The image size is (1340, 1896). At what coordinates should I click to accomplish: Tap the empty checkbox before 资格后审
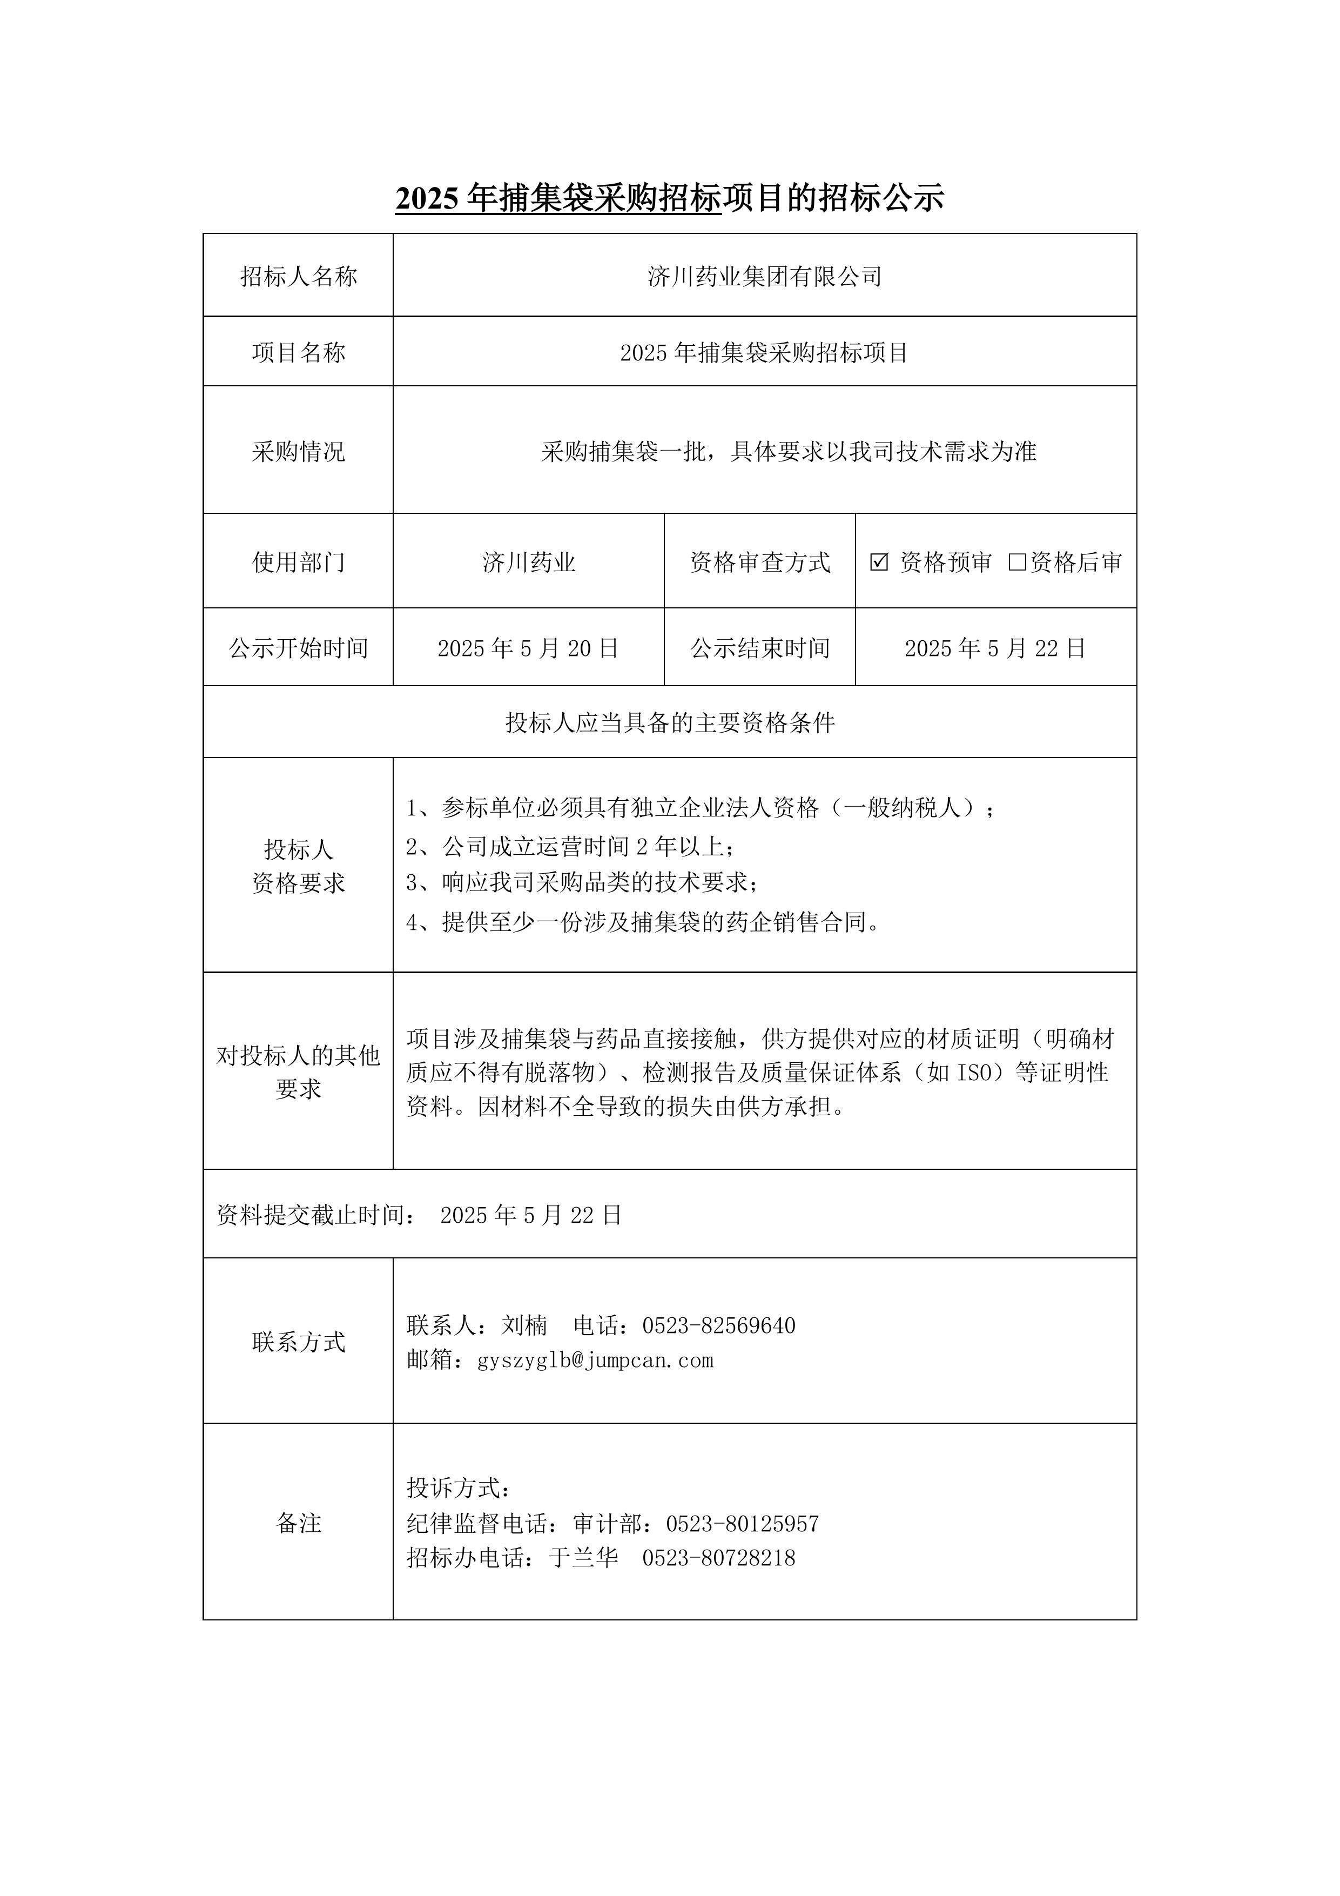click(1017, 562)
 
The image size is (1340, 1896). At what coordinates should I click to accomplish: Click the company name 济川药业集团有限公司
click(765, 277)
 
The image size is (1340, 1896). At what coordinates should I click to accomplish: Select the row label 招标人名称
click(298, 277)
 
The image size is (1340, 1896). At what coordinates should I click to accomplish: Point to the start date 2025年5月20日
click(528, 648)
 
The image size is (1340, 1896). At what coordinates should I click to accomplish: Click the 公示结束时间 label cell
click(759, 648)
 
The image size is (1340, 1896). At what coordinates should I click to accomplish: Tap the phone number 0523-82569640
click(718, 1325)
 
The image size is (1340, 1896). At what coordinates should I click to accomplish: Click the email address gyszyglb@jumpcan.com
click(595, 1360)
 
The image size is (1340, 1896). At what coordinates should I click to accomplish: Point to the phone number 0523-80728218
click(718, 1558)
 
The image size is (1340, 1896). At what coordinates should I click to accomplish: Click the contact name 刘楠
click(524, 1325)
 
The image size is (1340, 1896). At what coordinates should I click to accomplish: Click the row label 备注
click(298, 1524)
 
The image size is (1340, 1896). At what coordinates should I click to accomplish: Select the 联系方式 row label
click(298, 1343)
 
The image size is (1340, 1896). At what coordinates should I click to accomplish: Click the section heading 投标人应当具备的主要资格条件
click(670, 723)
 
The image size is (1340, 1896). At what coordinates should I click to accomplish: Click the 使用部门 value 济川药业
click(528, 562)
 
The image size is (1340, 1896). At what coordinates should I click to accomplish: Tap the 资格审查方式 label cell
click(759, 562)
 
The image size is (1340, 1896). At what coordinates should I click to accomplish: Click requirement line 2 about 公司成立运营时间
click(570, 847)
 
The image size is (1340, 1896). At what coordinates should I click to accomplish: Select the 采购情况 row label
click(298, 452)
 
